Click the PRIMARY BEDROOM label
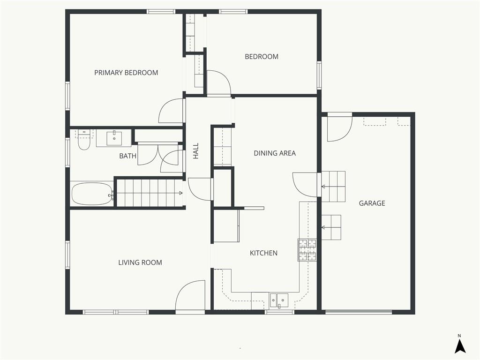click(x=126, y=73)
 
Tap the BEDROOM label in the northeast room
click(x=262, y=57)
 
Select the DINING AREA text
click(x=275, y=153)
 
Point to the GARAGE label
click(x=372, y=203)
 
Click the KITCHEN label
click(x=263, y=253)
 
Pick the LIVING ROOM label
click(x=140, y=262)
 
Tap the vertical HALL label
click(x=196, y=150)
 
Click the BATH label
click(x=127, y=156)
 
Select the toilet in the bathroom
click(x=83, y=140)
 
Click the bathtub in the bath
click(x=92, y=194)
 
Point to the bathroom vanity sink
click(x=114, y=138)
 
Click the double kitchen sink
click(x=278, y=300)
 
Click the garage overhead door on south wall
click(x=359, y=312)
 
